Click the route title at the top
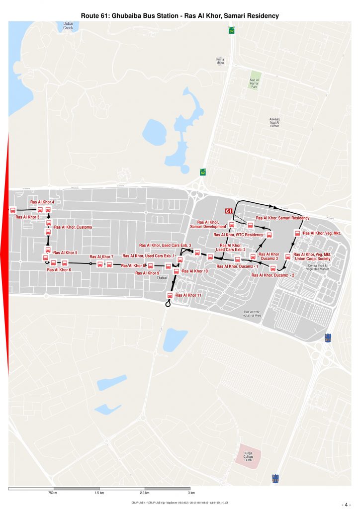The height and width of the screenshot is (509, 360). [x=180, y=16]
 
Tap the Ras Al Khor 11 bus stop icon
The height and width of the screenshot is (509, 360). [x=169, y=296]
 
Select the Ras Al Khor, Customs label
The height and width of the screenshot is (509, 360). [x=73, y=227]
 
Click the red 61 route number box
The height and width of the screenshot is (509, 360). [x=229, y=211]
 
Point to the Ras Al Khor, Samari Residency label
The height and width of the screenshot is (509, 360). [x=282, y=218]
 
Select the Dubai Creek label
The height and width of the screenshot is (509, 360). [x=68, y=26]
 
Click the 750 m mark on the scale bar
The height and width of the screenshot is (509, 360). [x=53, y=493]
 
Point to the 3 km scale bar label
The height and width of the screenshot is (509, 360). [x=191, y=493]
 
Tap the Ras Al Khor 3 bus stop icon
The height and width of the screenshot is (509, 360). [x=13, y=210]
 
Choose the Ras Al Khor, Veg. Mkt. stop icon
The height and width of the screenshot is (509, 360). [x=298, y=233]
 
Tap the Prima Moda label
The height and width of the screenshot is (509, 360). [x=220, y=62]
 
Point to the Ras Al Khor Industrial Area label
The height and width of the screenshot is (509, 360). [x=252, y=314]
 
